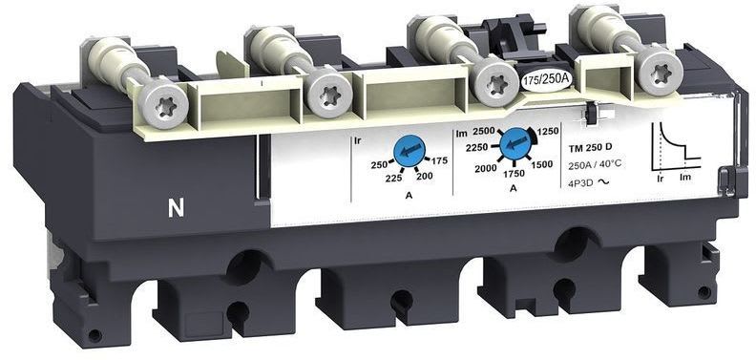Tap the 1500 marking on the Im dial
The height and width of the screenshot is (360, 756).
(x=542, y=164)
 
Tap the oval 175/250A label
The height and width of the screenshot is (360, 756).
(x=547, y=78)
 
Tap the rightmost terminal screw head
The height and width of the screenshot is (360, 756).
(x=657, y=70)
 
